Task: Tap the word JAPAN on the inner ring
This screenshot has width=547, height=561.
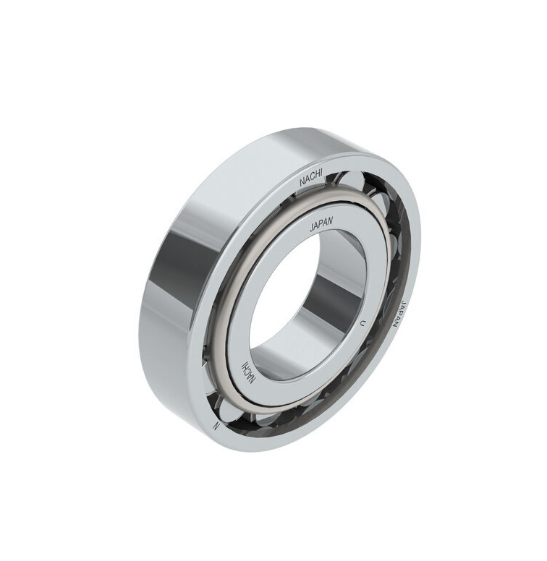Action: (x=321, y=226)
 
